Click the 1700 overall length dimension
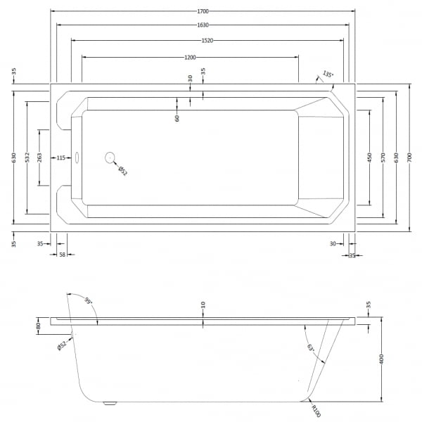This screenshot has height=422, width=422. pyautogui.click(x=203, y=11)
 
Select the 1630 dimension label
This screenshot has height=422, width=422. pyautogui.click(x=203, y=25)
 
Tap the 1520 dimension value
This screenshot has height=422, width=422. pyautogui.click(x=207, y=41)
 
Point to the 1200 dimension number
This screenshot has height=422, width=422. pyautogui.click(x=190, y=58)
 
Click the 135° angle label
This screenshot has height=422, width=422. pyautogui.click(x=328, y=74)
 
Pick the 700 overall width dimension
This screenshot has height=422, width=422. pyautogui.click(x=409, y=157)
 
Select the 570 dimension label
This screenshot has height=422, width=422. pyautogui.click(x=383, y=157)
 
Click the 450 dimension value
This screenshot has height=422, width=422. pyautogui.click(x=369, y=158)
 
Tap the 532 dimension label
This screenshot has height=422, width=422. pyautogui.click(x=27, y=158)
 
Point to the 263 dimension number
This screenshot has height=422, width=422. pyautogui.click(x=39, y=158)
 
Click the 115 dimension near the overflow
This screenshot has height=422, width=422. pyautogui.click(x=60, y=158)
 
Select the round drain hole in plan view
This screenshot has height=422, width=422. pyautogui.click(x=110, y=158)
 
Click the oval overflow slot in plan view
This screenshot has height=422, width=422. pyautogui.click(x=77, y=158)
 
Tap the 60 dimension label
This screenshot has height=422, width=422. pyautogui.click(x=177, y=118)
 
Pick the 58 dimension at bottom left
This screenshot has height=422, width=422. pyautogui.click(x=62, y=255)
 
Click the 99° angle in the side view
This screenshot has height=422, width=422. pyautogui.click(x=89, y=300)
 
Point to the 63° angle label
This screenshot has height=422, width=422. pyautogui.click(x=311, y=347)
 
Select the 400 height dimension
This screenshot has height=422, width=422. pyautogui.click(x=381, y=359)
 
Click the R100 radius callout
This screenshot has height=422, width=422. pyautogui.click(x=316, y=411)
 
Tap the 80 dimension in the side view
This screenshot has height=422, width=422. pyautogui.click(x=38, y=326)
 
